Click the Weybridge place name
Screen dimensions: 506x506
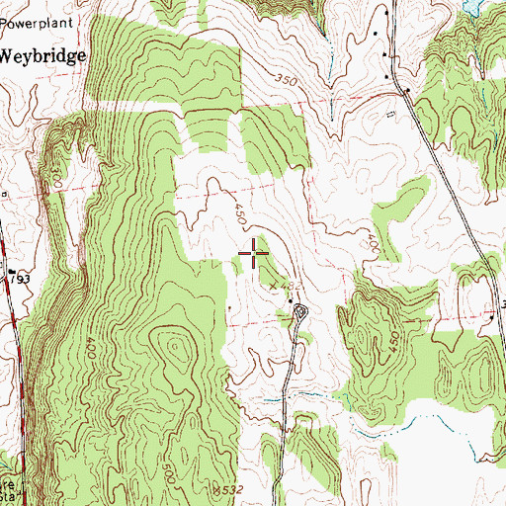[42, 56]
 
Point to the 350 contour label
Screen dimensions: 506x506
[287, 80]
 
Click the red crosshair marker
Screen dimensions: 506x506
[255, 255]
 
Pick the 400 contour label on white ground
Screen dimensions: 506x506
[373, 240]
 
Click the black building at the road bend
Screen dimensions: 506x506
[405, 92]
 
